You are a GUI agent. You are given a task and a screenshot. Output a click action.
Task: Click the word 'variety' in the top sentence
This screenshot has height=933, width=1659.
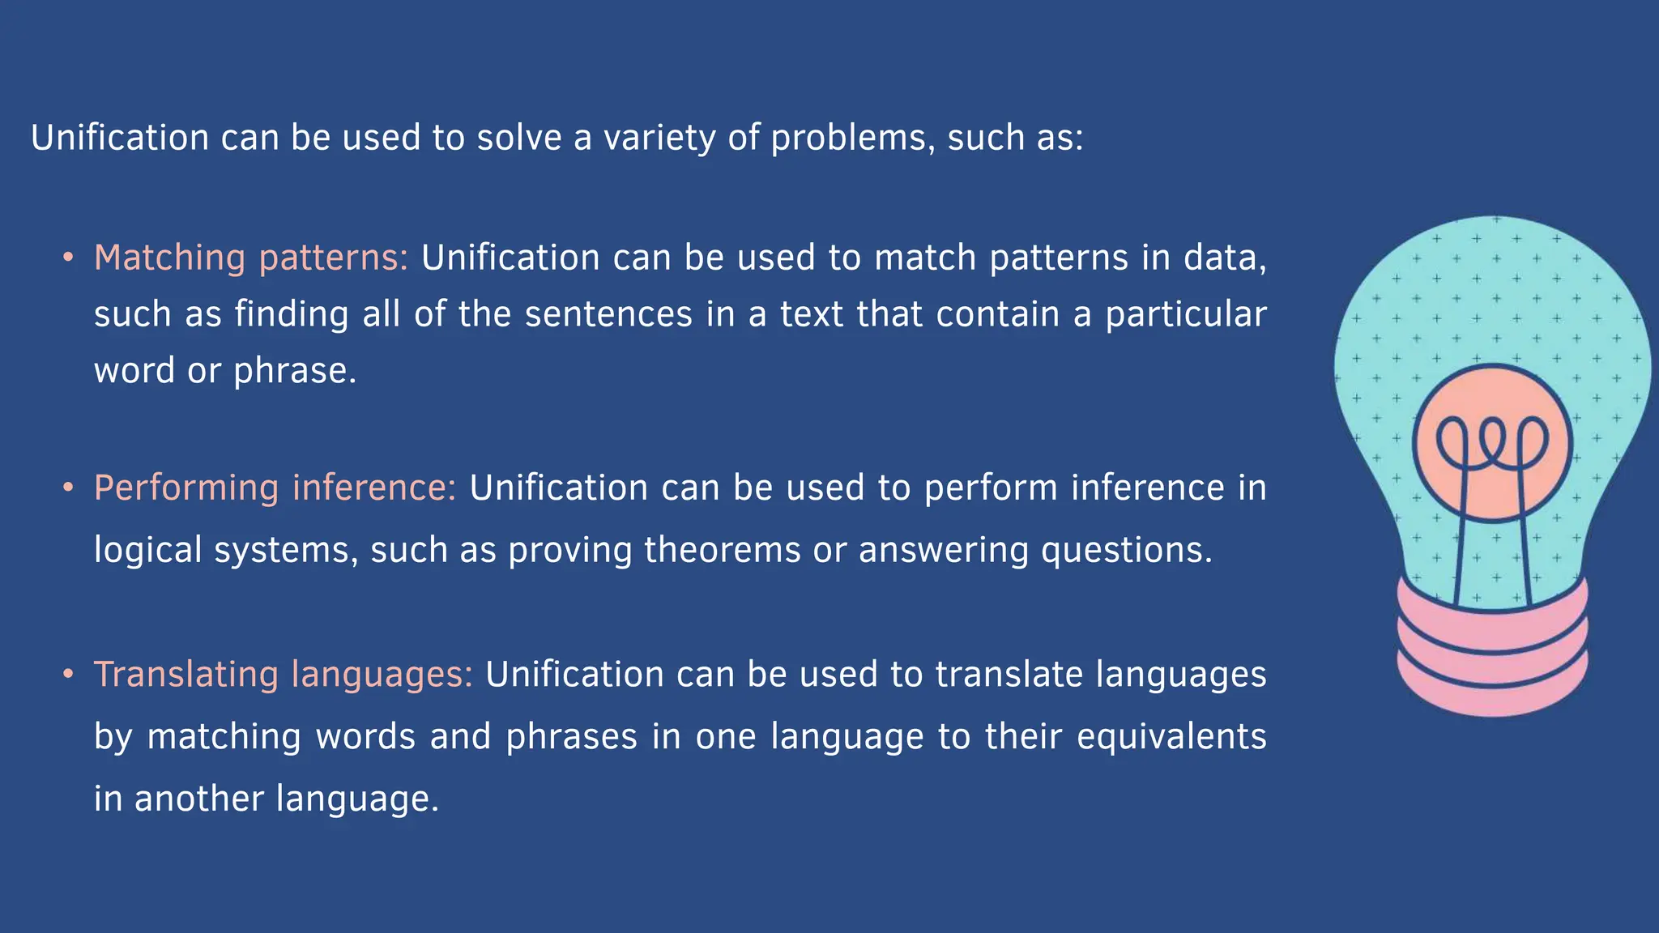[659, 138]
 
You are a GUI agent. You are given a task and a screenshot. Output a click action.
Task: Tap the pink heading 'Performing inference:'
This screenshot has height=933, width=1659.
[275, 488]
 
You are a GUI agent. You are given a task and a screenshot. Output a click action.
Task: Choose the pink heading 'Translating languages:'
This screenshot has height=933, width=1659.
[284, 675]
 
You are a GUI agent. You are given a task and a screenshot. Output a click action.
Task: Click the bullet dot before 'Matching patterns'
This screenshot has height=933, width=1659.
[69, 258]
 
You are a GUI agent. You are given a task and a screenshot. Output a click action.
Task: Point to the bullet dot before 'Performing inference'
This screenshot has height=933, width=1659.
[69, 488]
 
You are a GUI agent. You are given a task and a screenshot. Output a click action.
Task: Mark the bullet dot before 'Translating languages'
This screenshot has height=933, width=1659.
[69, 675]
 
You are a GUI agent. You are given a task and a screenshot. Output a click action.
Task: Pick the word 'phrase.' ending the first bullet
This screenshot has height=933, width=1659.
[295, 371]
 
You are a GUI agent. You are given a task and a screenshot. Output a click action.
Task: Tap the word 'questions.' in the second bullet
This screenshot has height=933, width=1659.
[1127, 550]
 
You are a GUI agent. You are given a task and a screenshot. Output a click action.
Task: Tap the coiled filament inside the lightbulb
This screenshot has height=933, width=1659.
[1491, 442]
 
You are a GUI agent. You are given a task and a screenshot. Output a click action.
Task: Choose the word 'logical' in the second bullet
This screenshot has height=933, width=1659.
[147, 550]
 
